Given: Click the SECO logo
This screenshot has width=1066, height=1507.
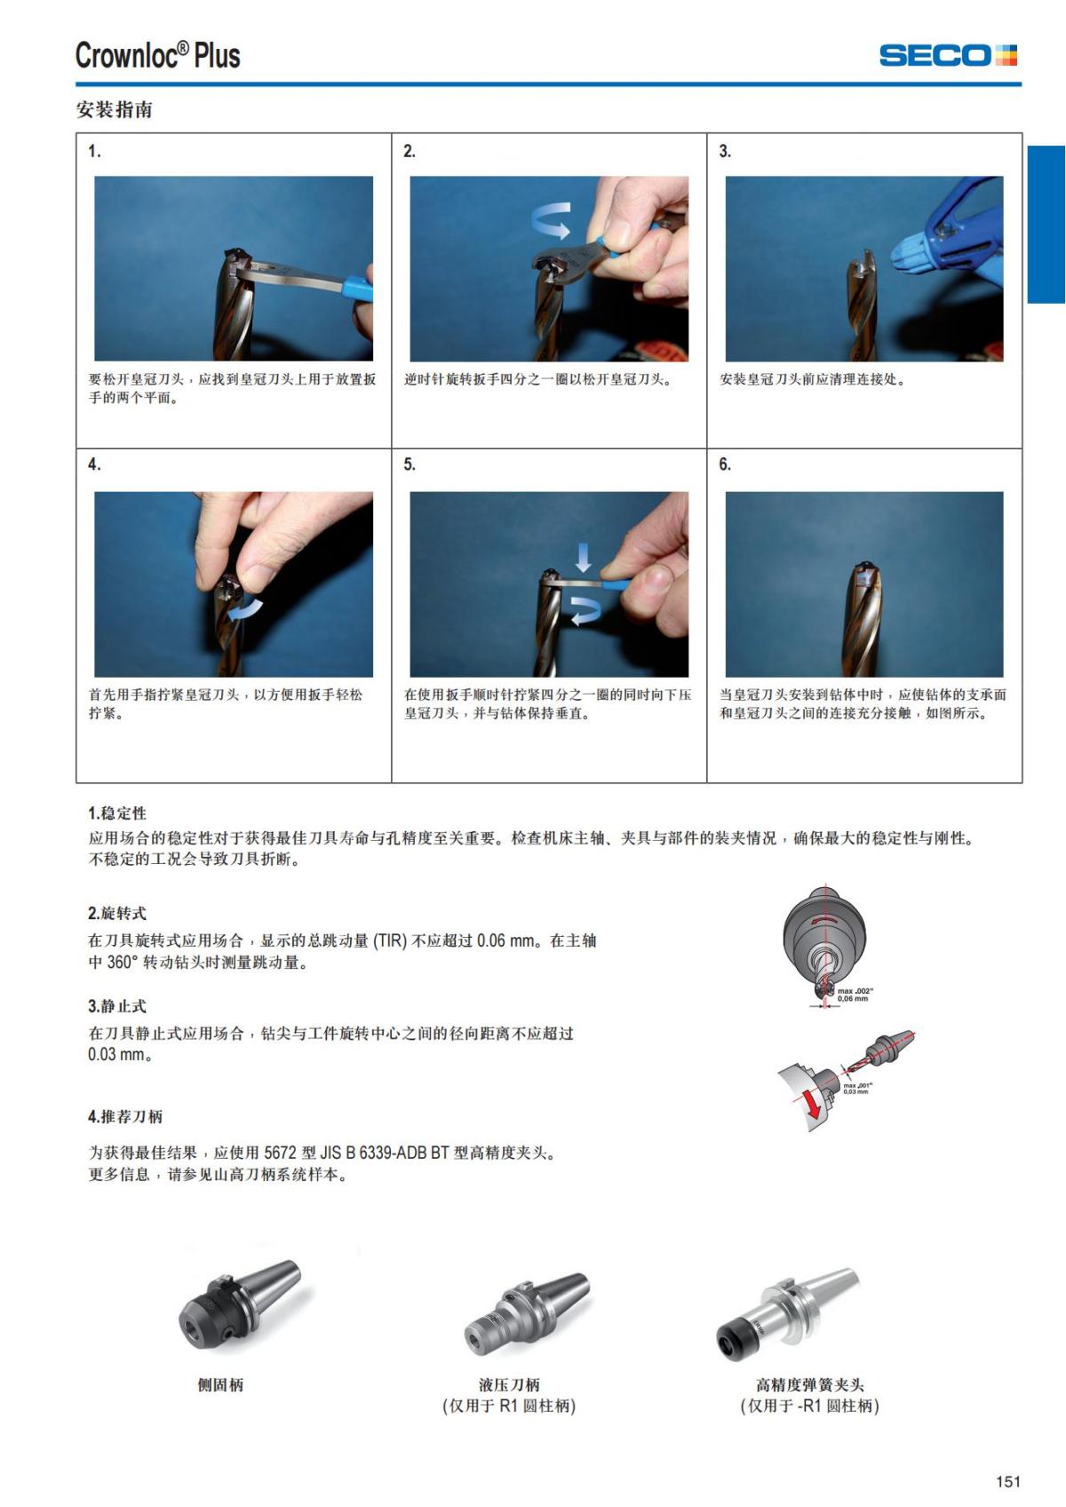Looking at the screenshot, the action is (x=948, y=55).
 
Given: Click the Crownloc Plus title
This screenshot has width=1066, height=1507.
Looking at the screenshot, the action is (x=157, y=55).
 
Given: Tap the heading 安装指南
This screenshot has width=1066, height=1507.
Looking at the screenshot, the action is (x=115, y=109).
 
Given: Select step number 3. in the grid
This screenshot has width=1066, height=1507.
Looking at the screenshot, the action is (x=725, y=151).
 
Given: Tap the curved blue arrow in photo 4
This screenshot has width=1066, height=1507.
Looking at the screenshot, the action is (x=245, y=609).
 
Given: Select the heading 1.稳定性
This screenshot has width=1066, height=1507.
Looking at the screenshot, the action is (x=117, y=813).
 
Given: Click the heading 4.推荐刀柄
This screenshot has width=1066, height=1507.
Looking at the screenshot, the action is (x=125, y=1117).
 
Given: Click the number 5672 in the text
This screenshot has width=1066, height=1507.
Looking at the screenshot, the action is (x=280, y=1153).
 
